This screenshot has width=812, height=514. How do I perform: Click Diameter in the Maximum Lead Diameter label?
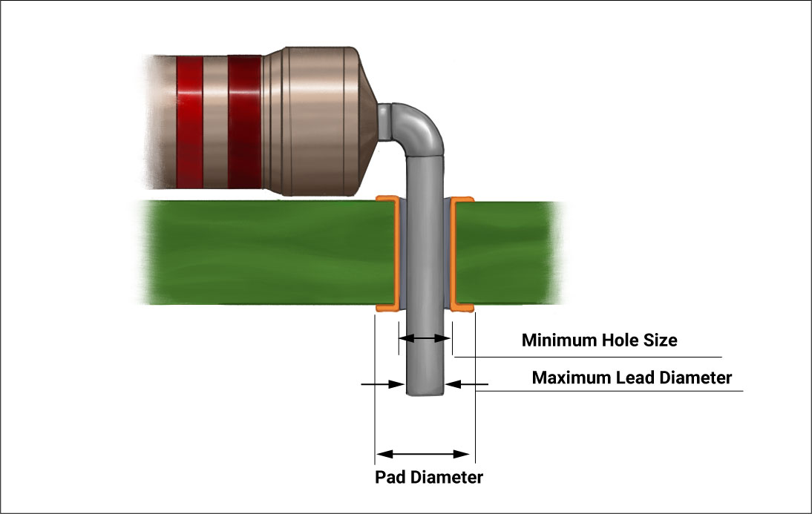pos(695,378)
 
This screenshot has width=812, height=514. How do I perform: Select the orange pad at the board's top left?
pos(388,200)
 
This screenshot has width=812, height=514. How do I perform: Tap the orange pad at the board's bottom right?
pos(462,306)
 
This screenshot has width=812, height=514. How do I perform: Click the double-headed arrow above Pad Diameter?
pos(423,454)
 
